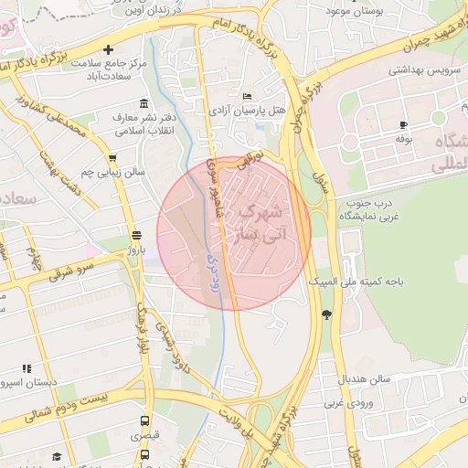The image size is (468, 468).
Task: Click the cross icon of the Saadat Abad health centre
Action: click(x=109, y=49)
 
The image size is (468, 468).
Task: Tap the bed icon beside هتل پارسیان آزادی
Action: click(x=247, y=96)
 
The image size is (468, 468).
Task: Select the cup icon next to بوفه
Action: click(x=404, y=124)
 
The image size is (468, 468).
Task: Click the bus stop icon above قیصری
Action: click(x=144, y=421)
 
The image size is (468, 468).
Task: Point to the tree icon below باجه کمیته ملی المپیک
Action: click(x=326, y=314)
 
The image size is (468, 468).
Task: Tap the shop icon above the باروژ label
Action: click(x=136, y=233)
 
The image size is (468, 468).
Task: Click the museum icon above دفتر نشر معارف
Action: click(x=143, y=103)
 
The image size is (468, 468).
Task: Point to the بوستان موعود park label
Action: click(x=360, y=10)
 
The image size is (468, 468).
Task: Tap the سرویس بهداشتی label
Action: click(x=420, y=69)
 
